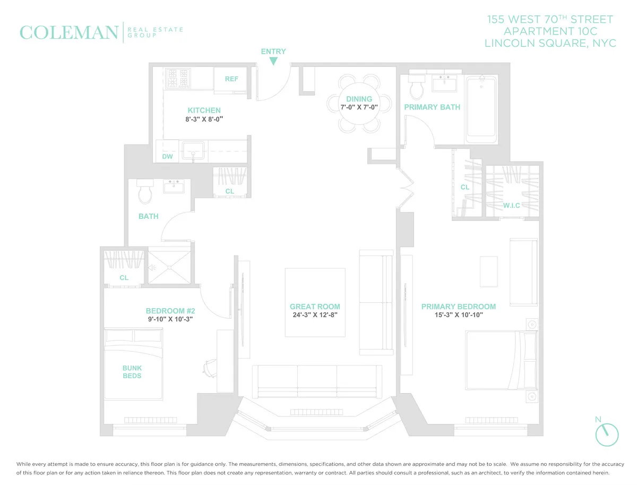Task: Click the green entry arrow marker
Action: [273, 62]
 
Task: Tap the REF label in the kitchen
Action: [231, 79]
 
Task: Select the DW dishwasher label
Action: [167, 157]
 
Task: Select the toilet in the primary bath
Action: [416, 87]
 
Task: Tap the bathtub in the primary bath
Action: [481, 109]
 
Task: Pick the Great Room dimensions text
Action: [315, 315]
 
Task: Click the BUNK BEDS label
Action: [132, 372]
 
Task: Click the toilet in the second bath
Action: [144, 192]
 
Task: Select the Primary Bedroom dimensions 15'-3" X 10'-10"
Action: [458, 315]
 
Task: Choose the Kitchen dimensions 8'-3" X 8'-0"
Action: [204, 120]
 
